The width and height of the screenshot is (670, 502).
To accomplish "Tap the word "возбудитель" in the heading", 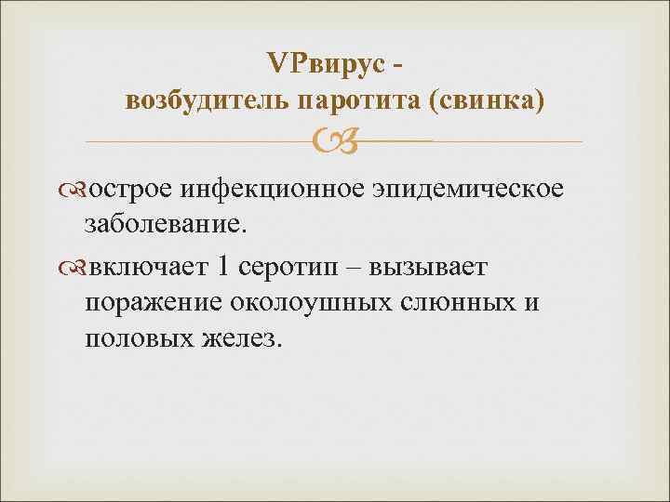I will point(199,100).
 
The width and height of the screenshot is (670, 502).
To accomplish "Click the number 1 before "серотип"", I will point(221,269).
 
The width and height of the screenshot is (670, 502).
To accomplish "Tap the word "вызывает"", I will point(427,269).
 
